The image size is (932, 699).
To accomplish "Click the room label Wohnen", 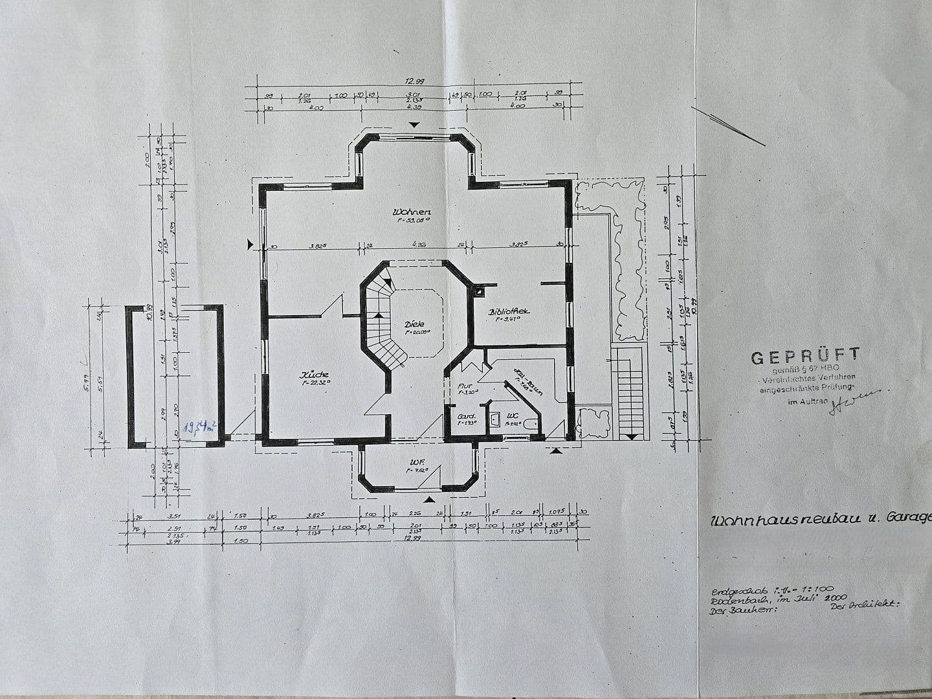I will point(412,212).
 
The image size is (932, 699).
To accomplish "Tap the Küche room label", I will point(314,375).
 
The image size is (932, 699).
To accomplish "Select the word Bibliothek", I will point(509,311).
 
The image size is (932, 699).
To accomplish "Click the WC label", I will point(513,416).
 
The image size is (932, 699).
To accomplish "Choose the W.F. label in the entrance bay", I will point(416,462).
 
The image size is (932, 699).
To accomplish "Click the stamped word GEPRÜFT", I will point(806,355).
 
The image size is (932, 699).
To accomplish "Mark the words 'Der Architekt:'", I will point(865,606).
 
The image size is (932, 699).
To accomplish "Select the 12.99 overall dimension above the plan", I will point(414,82).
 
